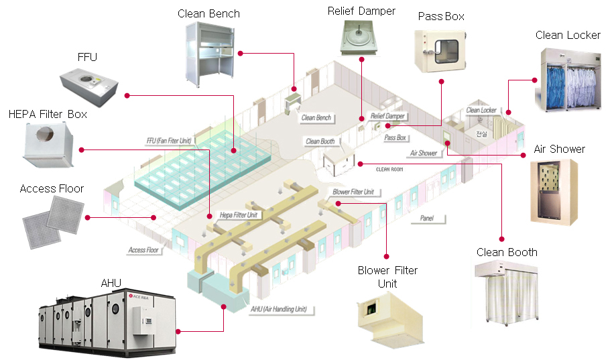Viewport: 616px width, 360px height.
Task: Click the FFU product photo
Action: click(x=89, y=84)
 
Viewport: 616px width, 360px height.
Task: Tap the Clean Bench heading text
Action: click(x=208, y=13)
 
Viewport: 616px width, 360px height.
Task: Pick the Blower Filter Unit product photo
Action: click(x=387, y=318)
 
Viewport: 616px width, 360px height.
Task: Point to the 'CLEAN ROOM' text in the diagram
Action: click(x=392, y=170)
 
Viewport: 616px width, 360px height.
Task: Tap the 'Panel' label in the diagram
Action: click(x=427, y=218)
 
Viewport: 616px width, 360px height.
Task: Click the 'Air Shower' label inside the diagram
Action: click(x=423, y=153)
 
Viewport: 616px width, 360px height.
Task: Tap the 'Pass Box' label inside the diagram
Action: click(x=395, y=137)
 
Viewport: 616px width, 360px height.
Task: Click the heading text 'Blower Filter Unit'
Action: click(x=387, y=277)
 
